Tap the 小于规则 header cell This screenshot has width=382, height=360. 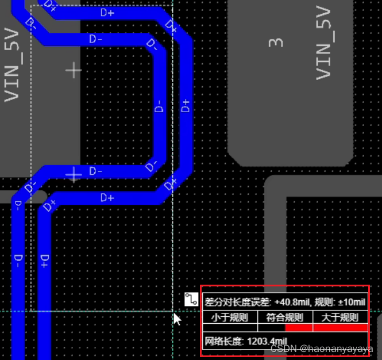(x=230, y=317)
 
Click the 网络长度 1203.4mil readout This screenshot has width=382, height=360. (x=246, y=341)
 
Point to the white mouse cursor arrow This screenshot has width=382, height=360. (x=178, y=319)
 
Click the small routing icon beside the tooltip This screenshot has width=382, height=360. (x=191, y=299)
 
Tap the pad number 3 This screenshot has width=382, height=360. (x=276, y=43)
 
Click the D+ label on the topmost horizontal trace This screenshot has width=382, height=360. (x=107, y=13)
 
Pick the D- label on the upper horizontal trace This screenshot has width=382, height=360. (x=96, y=39)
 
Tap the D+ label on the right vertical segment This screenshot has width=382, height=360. (x=185, y=106)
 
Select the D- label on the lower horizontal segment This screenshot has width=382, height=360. (x=96, y=171)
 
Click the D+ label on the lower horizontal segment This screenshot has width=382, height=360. (x=107, y=198)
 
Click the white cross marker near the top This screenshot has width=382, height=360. (x=74, y=71)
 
